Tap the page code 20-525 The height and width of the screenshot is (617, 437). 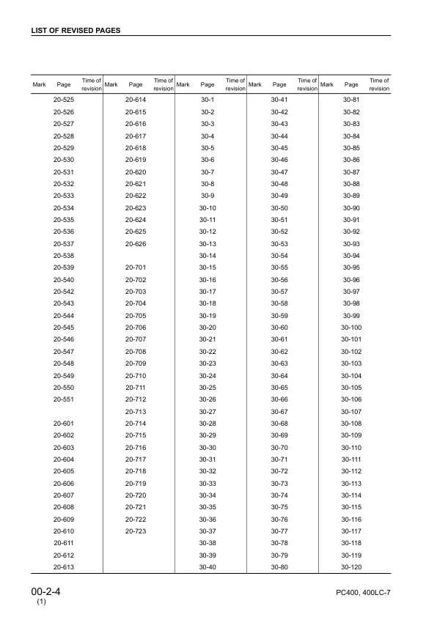(64, 99)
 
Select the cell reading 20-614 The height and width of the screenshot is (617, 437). (136, 99)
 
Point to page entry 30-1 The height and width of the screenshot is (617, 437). (208, 99)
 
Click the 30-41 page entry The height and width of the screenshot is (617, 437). (279, 99)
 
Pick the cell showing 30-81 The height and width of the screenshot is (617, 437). (351, 99)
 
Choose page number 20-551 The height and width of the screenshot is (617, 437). (64, 399)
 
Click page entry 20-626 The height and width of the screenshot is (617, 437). (136, 243)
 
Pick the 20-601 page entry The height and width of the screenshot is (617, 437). (64, 424)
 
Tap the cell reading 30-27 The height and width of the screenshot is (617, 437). (208, 412)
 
